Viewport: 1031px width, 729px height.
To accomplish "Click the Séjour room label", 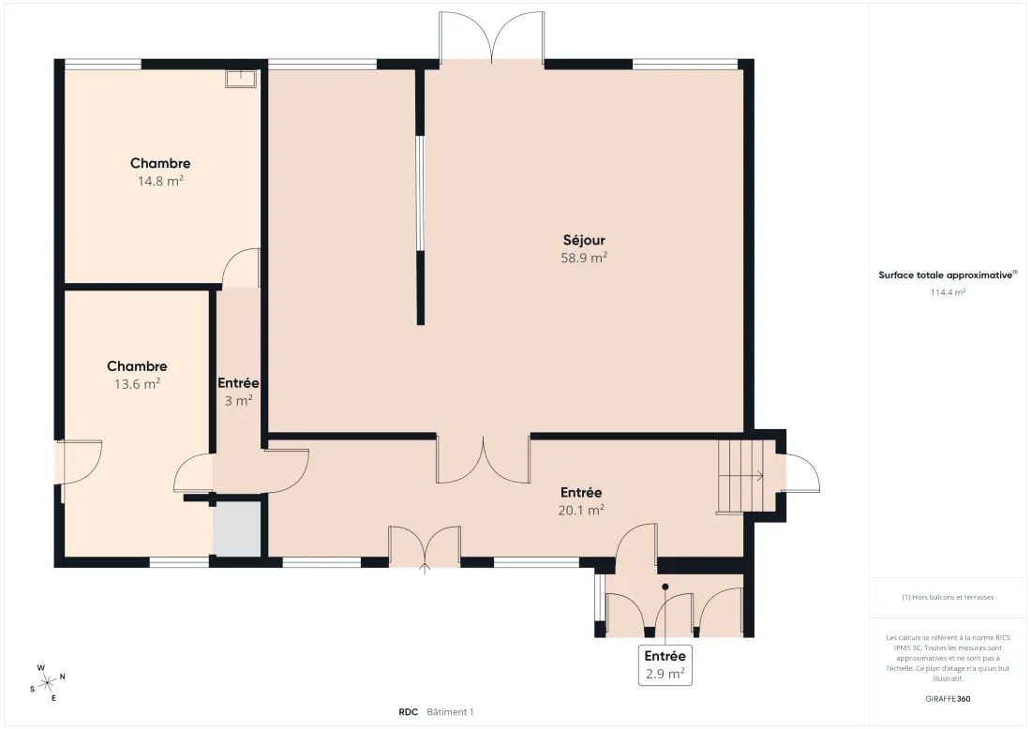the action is click(584, 241).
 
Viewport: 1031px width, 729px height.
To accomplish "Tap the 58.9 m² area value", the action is click(584, 258).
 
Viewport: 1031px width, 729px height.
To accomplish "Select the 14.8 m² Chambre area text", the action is click(160, 181).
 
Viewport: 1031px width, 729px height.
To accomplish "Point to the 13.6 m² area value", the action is click(138, 384).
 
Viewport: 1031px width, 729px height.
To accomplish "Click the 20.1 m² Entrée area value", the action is click(581, 510).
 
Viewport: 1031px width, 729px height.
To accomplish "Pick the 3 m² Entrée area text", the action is click(239, 400).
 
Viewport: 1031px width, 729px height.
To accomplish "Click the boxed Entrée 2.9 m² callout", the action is click(665, 665).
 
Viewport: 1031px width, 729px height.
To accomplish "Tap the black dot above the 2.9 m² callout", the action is click(665, 587).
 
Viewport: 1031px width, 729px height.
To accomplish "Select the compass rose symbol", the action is click(48, 684).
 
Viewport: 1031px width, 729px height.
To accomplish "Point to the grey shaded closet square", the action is click(237, 529).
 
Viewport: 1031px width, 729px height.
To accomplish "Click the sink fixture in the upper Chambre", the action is click(241, 78).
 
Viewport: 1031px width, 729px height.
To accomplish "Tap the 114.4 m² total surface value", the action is click(948, 292).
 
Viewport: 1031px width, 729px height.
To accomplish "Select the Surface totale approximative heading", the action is click(948, 275).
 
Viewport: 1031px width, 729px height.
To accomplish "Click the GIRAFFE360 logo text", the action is click(948, 699).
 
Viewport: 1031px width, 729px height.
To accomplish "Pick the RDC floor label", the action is click(409, 712).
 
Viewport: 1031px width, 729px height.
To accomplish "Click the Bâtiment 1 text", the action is click(451, 712).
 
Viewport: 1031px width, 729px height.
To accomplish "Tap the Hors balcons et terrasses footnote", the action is click(948, 597).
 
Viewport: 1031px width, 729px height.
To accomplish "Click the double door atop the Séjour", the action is click(492, 37).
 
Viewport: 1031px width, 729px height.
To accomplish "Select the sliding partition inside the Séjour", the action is click(420, 193).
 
